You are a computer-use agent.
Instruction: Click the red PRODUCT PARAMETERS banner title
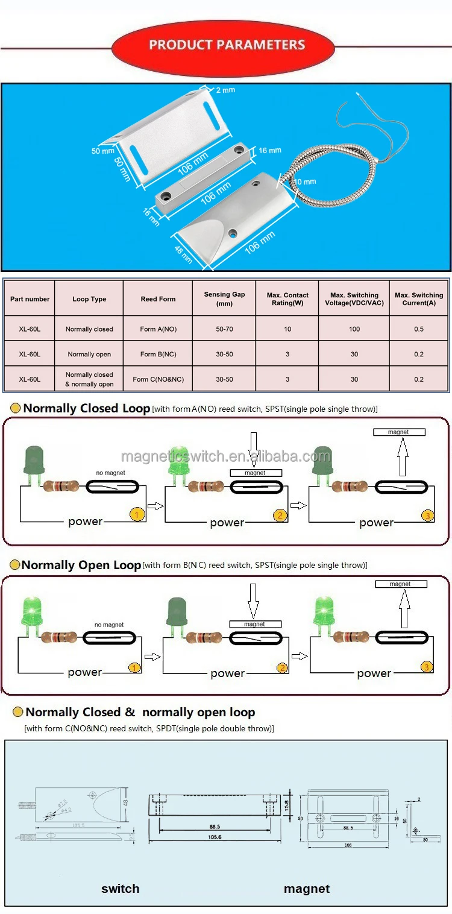227,45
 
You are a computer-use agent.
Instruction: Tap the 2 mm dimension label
225,90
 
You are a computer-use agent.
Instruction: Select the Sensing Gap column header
224,299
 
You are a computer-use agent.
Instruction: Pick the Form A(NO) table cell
157,329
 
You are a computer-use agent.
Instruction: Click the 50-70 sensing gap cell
224,329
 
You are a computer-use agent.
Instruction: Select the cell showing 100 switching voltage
354,329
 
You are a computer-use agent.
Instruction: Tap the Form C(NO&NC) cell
158,379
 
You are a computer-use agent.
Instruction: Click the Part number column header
30,299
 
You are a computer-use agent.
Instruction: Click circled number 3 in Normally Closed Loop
427,515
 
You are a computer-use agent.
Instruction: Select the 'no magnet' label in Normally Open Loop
109,625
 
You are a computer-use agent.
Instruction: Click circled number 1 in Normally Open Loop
135,667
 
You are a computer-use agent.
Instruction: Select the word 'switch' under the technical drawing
120,889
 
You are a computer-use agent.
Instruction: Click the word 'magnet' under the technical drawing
307,889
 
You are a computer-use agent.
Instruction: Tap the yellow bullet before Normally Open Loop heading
14,566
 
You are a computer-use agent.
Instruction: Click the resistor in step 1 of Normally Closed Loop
60,486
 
